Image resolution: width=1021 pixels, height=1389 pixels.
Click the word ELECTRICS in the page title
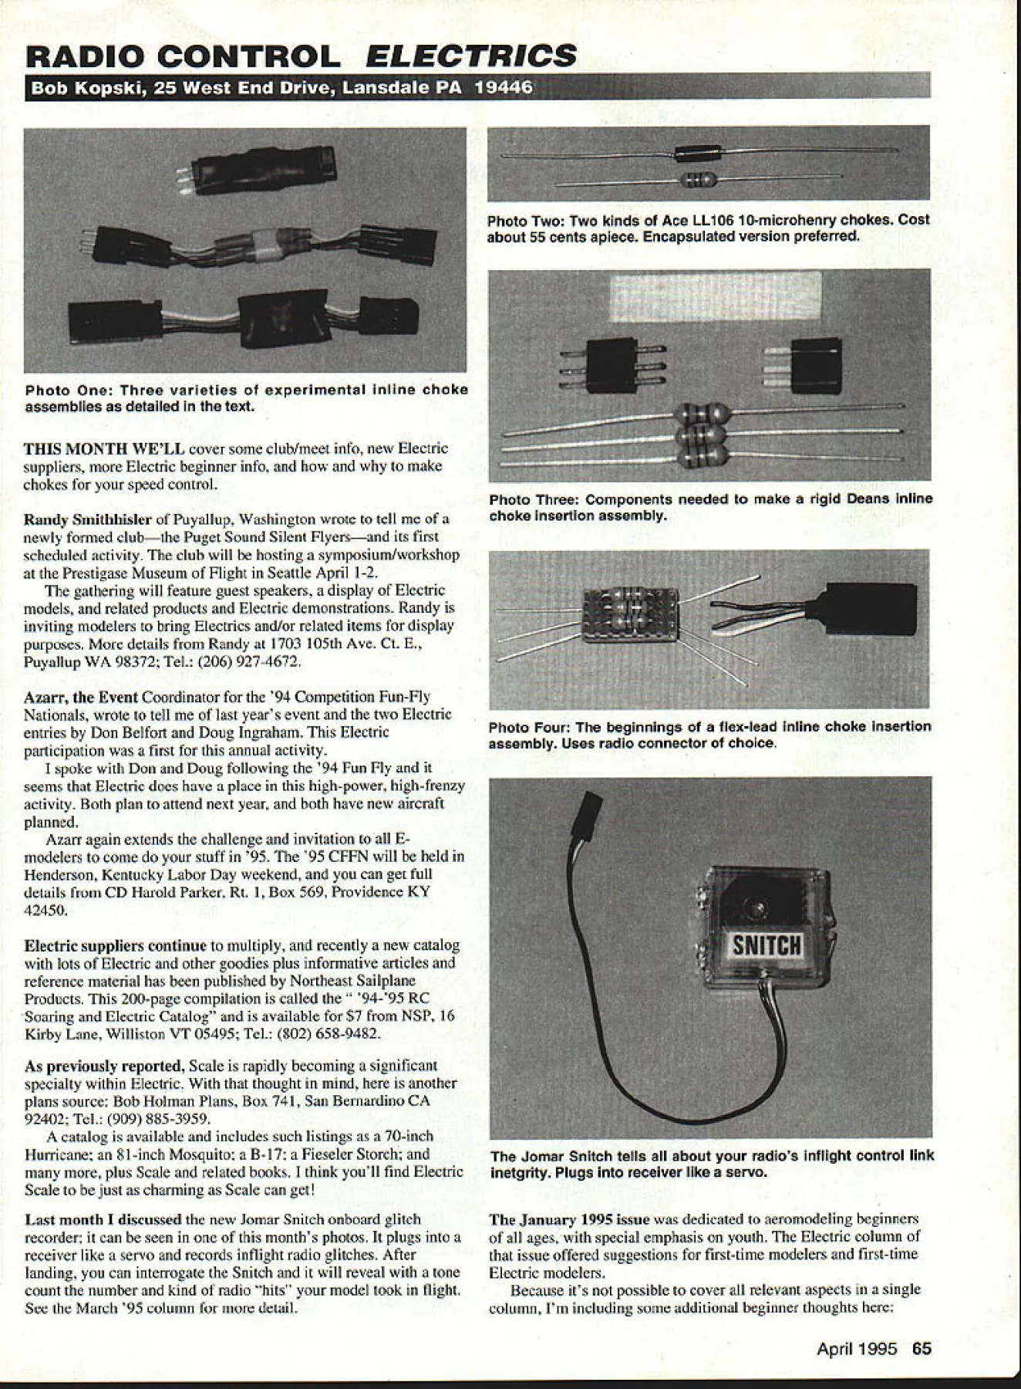point(471,56)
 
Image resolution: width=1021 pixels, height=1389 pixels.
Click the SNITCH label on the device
point(767,946)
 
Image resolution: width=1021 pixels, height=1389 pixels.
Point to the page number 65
point(922,1348)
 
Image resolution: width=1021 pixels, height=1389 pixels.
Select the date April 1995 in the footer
point(857,1349)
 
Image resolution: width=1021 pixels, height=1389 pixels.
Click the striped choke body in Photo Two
point(699,181)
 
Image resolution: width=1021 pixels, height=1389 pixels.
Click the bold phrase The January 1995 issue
point(570,1220)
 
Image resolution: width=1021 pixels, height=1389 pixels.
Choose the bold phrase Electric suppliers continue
point(116,945)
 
